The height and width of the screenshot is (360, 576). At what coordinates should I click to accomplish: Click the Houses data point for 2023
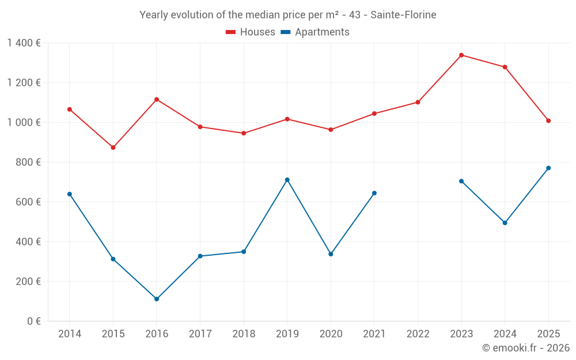[x=461, y=55]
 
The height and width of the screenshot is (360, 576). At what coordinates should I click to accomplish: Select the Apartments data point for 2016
[x=157, y=299]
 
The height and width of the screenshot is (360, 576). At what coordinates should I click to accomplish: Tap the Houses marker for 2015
[x=113, y=147]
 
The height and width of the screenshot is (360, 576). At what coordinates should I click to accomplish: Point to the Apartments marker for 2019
[x=287, y=180]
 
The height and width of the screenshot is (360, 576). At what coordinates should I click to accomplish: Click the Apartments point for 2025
[x=548, y=168]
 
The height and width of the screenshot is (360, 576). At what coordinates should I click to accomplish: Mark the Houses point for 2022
[x=418, y=103]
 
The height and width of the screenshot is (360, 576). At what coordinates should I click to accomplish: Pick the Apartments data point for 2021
[x=374, y=193]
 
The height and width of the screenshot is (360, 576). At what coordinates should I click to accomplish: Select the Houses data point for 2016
[x=157, y=100]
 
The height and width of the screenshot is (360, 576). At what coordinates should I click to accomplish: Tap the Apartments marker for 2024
[x=505, y=223]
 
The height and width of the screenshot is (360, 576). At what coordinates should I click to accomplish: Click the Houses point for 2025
[x=548, y=121]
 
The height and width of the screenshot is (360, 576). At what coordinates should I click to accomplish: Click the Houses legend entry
[x=251, y=32]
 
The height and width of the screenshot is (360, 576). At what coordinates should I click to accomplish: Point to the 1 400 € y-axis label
[x=24, y=43]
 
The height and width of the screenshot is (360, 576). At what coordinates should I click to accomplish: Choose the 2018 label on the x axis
[x=244, y=334]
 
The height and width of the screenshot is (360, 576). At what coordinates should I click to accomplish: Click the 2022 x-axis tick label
[x=418, y=334]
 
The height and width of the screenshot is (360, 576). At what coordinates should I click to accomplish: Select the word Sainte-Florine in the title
[x=403, y=14]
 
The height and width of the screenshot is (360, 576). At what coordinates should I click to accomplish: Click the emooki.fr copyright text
[x=526, y=348]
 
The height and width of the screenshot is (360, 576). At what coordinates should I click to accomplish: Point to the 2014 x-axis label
[x=70, y=334]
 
